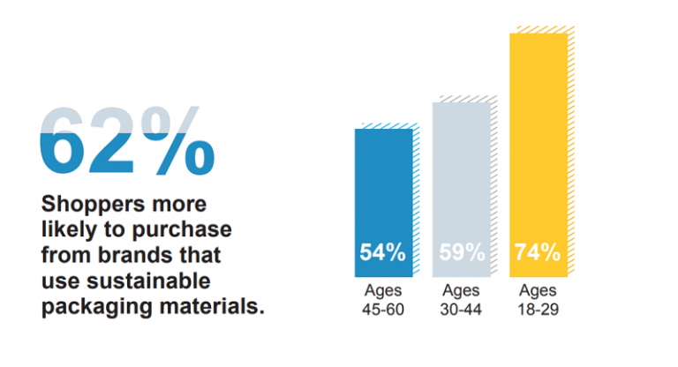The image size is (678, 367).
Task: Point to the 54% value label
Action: point(382,252)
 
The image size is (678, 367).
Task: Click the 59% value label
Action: point(462,252)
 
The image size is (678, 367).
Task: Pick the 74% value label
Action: point(537,252)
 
